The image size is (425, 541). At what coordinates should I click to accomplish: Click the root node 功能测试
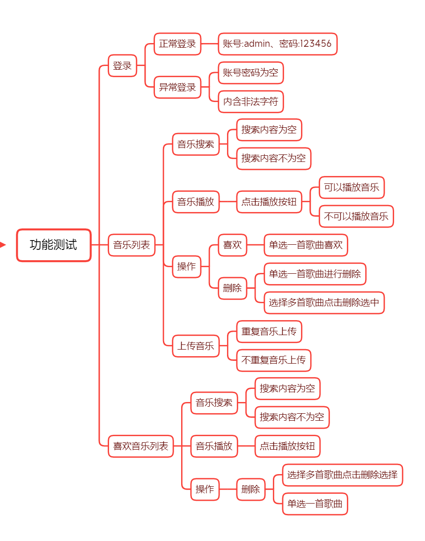(53, 245)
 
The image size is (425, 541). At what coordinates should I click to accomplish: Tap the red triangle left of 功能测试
(3, 245)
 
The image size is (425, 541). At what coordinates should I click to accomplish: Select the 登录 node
(122, 66)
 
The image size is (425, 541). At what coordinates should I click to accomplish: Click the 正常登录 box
(177, 44)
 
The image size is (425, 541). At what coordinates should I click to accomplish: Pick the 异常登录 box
(177, 87)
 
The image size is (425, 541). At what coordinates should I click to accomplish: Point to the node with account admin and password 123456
(277, 44)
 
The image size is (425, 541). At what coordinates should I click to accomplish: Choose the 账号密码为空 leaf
(250, 73)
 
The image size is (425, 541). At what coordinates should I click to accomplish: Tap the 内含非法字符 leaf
(250, 102)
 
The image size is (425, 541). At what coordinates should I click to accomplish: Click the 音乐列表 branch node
(132, 245)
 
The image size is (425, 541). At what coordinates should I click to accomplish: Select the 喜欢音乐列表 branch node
(140, 446)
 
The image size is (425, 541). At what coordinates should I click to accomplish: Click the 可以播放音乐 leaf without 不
(352, 188)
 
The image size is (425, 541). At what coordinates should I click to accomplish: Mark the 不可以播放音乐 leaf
(356, 216)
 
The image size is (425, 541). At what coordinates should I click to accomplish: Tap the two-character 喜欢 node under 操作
(232, 245)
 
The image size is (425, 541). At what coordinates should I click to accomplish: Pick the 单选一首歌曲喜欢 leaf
(306, 245)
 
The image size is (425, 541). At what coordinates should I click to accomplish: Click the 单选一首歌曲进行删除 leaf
(315, 274)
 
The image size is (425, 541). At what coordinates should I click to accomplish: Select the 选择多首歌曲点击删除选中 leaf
(324, 302)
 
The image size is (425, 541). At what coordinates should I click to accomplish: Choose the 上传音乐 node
(196, 346)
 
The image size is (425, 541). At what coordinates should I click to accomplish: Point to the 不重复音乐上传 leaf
(273, 360)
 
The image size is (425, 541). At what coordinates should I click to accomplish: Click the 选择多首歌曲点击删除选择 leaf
(342, 475)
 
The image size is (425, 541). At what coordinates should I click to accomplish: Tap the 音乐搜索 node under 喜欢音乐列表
(214, 402)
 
